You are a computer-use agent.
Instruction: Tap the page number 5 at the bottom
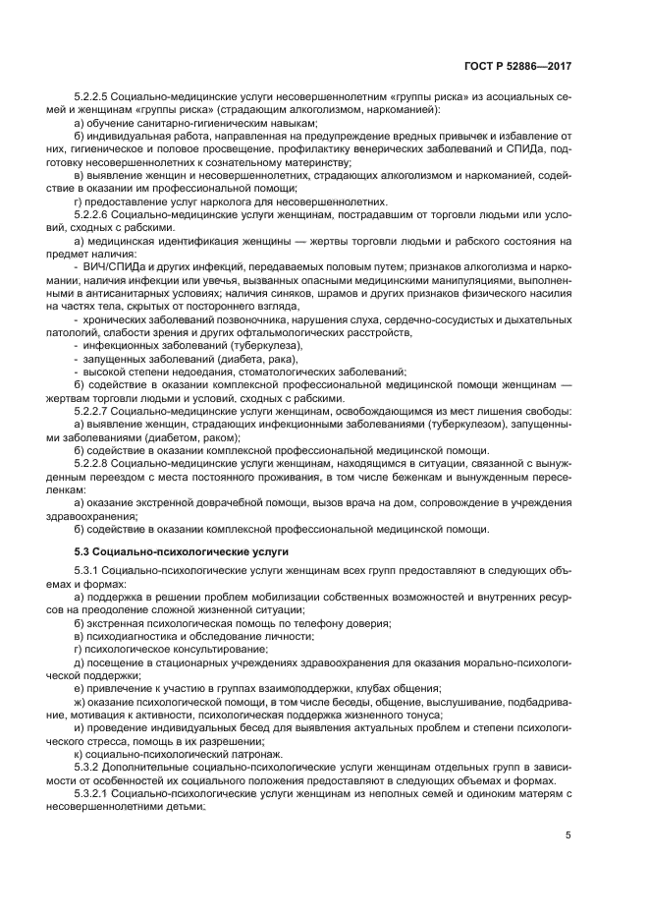point(568,835)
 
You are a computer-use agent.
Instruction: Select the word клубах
point(362,689)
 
